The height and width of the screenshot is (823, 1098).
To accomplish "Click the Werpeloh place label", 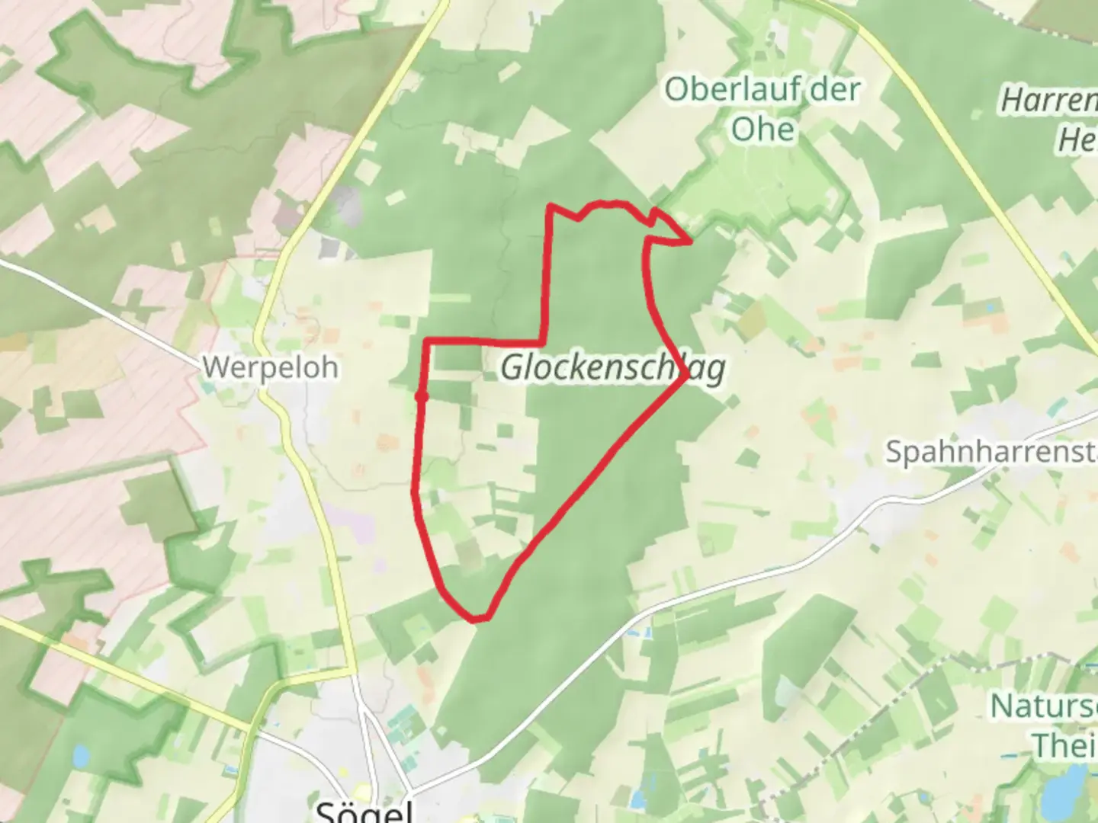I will pos(270,367).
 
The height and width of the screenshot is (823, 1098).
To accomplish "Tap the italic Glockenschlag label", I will pos(612,369).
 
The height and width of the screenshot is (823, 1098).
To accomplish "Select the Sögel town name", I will pos(364,810).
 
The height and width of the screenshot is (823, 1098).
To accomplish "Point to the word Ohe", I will pos(763,129).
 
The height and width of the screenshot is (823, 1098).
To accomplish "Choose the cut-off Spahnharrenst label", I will pos(990,452).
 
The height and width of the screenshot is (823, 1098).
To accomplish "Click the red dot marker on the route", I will pos(421,396).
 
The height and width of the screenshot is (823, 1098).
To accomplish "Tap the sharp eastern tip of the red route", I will pos(691,242).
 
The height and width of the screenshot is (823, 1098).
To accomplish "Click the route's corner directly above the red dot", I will pos(425,341).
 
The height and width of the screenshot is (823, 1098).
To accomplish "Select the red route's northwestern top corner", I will pos(550,206).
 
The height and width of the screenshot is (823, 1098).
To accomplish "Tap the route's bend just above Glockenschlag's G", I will pos(544,338).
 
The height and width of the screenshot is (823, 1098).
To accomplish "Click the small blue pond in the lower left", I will pos(80,757).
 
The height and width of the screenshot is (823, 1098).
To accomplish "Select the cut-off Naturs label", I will pos(1043,706).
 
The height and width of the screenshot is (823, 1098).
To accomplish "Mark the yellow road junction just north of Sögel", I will pos(353,672).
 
